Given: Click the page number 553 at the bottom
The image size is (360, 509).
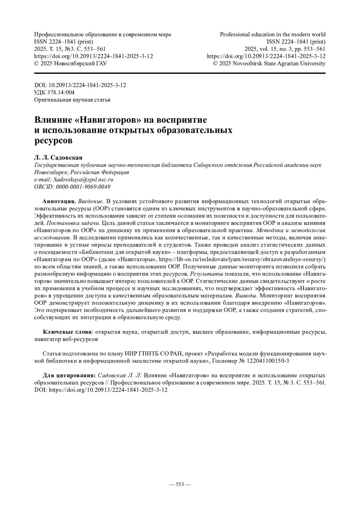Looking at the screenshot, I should [180, 484].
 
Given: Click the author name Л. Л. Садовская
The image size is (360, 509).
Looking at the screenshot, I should [58, 157].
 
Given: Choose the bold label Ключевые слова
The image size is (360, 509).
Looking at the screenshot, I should [67, 332].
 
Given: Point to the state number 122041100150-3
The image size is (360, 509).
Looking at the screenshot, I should [268, 361].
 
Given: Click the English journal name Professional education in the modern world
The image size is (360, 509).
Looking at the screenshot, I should [273, 34].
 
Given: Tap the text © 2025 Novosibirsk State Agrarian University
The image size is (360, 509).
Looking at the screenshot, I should [269, 63].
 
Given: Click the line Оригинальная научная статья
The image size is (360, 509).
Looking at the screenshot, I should [72, 100].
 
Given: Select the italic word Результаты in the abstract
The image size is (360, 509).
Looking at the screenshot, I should [206, 274].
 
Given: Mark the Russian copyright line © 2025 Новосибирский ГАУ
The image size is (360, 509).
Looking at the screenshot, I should [71, 63].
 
